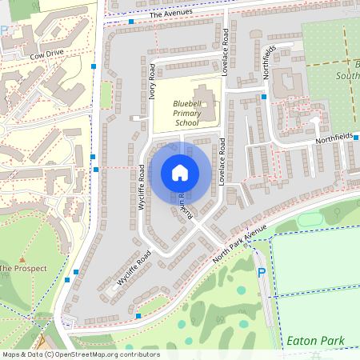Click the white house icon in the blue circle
pyautogui.click(x=180, y=173)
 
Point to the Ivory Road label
pyautogui.click(x=151, y=79)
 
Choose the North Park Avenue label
pyautogui.click(x=239, y=247)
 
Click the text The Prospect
pyautogui.click(x=24, y=268)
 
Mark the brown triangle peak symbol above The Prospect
pyautogui.click(x=23, y=259)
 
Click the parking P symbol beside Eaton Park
pyautogui.click(x=261, y=274)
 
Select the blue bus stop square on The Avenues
pyautogui.click(x=130, y=22)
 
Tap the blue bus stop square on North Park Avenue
pyautogui.click(x=138, y=316)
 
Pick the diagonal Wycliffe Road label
pyautogui.click(x=134, y=268)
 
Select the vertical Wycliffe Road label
pyautogui.click(x=142, y=186)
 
